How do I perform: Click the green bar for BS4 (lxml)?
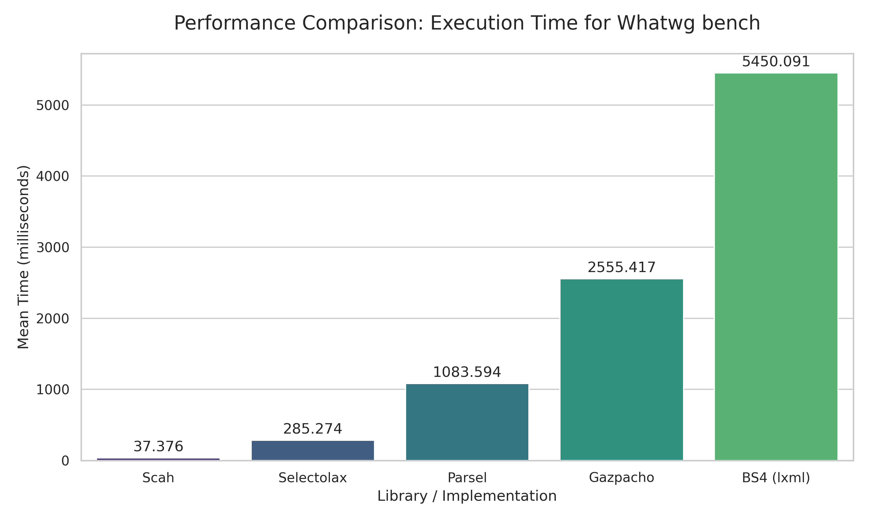point(776,267)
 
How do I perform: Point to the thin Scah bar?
point(158,459)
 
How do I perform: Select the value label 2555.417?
point(621,268)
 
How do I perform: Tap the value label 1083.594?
point(467,373)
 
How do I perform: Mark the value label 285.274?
point(313,429)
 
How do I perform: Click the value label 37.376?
point(158,447)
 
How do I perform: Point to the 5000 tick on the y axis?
point(53,105)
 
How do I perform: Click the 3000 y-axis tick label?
point(53,247)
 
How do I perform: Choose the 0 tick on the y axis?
point(65,461)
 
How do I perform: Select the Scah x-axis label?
point(158,478)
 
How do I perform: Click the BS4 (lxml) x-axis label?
point(776,478)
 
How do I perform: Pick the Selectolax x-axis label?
point(313,478)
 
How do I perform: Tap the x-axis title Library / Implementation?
point(467,496)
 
